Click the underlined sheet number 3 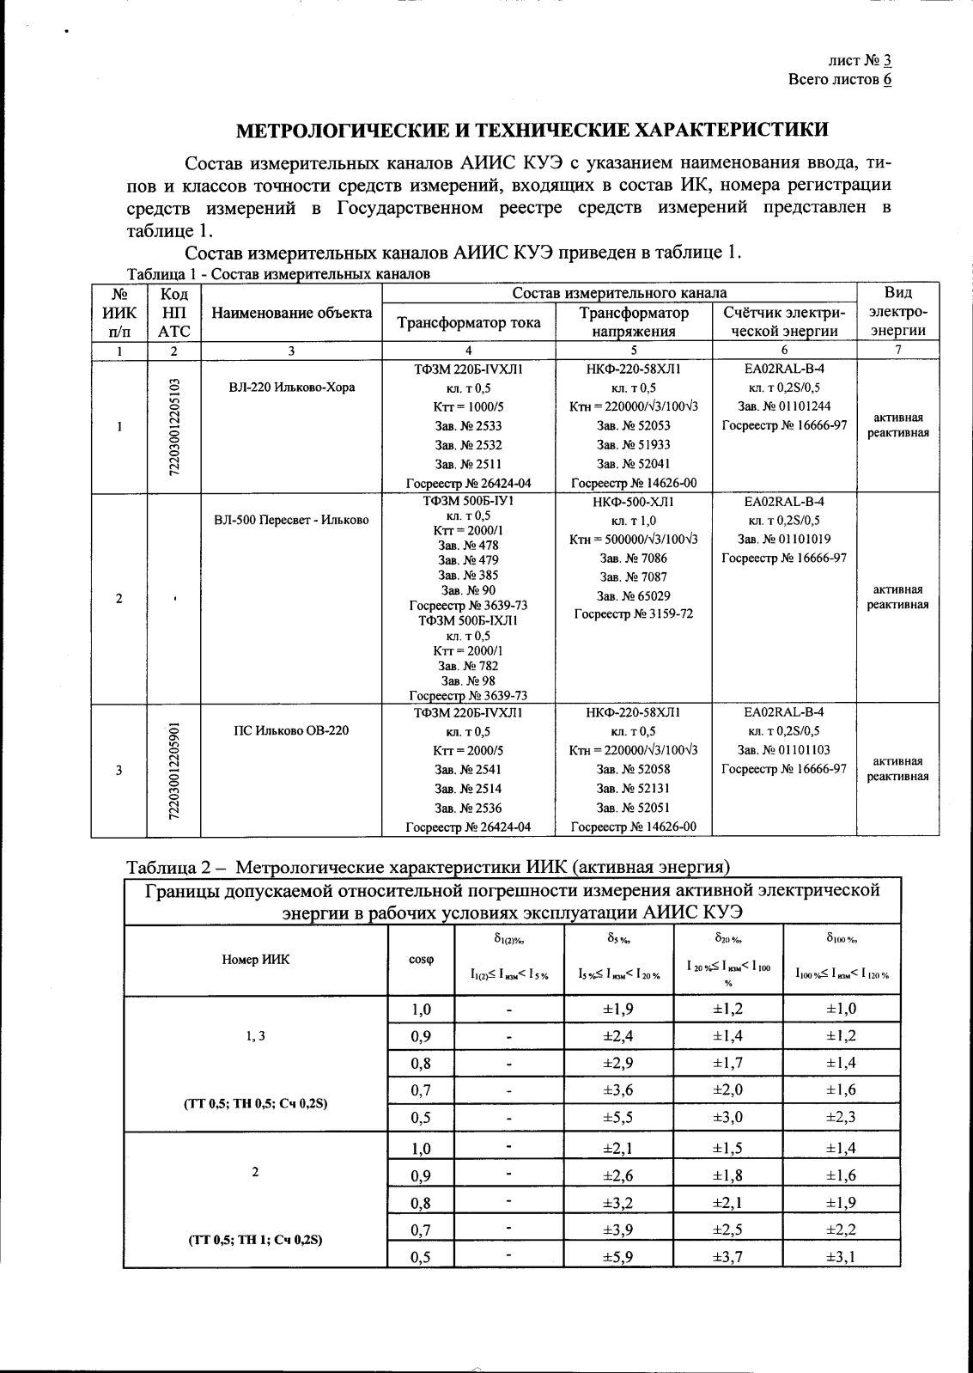click(x=888, y=60)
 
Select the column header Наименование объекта click(x=291, y=313)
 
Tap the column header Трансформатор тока click(x=468, y=322)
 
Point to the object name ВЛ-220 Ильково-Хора click(x=292, y=387)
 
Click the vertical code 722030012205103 click(x=174, y=426)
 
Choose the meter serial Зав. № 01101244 click(x=784, y=406)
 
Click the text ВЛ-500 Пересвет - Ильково click(x=291, y=520)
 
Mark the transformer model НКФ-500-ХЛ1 click(x=633, y=502)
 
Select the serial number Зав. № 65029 click(x=633, y=595)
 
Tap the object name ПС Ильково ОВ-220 click(x=291, y=731)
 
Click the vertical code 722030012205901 click(x=174, y=771)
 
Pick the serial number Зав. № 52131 click(x=633, y=789)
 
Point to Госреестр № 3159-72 click(x=633, y=614)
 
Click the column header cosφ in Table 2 click(x=420, y=959)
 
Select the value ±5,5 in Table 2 click(x=618, y=1118)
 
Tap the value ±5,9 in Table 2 click(x=618, y=1257)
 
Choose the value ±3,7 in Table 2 click(x=727, y=1257)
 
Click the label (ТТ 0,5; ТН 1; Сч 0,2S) click(x=255, y=1241)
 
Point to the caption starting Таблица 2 click(x=428, y=865)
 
